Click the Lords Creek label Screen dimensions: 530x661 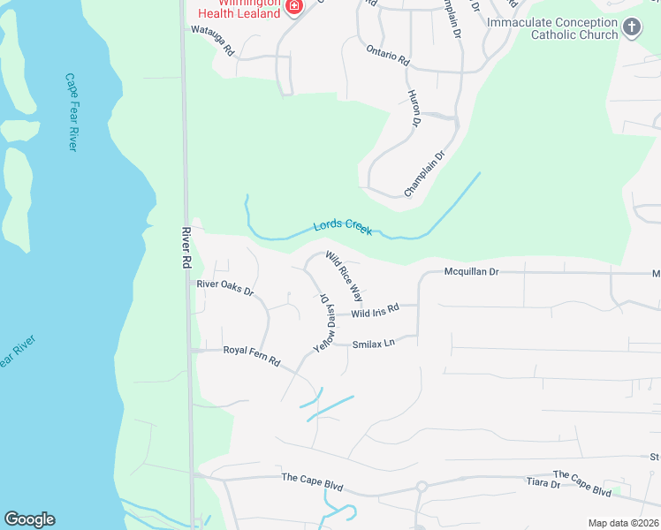coord(343,227)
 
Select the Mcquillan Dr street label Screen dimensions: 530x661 coord(472,272)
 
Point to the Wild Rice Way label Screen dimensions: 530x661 coord(344,276)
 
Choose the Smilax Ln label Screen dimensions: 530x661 coord(372,344)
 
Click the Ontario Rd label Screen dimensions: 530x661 coord(388,55)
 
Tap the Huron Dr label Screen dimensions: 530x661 coord(412,106)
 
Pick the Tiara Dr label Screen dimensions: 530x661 coord(543,484)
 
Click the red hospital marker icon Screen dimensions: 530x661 coord(294,7)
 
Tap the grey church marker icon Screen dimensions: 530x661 coord(632,27)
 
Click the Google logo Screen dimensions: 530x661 coord(29,519)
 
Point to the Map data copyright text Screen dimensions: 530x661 coord(624,523)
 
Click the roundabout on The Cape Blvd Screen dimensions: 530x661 coord(422,486)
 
